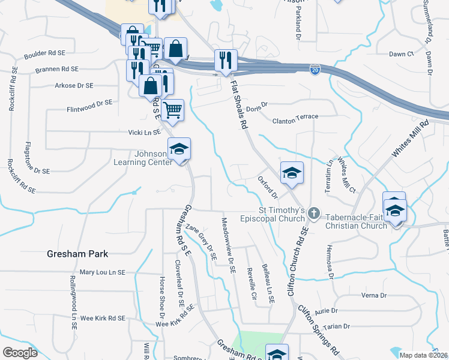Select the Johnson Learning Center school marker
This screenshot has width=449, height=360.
pos(178,149)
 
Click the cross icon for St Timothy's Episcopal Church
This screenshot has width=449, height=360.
pos(313,213)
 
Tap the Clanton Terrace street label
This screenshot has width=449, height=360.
pos(295,117)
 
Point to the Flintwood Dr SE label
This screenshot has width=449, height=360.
pos(89,106)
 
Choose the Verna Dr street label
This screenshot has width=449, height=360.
pos(373,295)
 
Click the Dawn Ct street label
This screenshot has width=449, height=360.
pos(402,54)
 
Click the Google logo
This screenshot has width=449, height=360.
pos(20,352)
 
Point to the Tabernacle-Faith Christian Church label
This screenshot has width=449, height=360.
pos(356,222)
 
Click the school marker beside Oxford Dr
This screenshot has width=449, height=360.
pos(292,173)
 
